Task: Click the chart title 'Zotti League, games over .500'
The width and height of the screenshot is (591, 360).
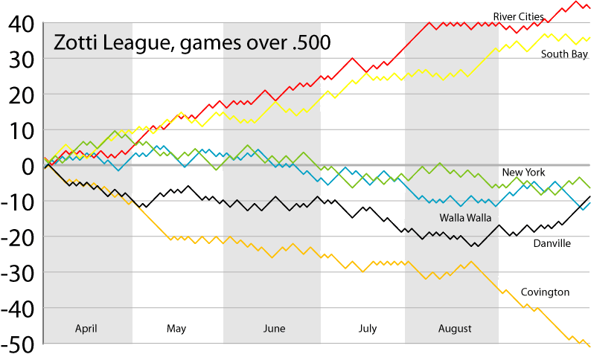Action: [191, 43]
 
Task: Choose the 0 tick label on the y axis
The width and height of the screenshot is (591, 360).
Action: [27, 166]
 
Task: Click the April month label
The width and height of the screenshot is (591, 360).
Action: [86, 328]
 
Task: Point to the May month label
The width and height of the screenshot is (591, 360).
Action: [176, 329]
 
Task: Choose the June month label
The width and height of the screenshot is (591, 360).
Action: [275, 329]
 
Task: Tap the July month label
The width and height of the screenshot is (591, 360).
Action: [368, 329]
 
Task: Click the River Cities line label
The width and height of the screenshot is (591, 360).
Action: [518, 16]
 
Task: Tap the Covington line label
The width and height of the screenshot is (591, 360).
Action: [545, 292]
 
